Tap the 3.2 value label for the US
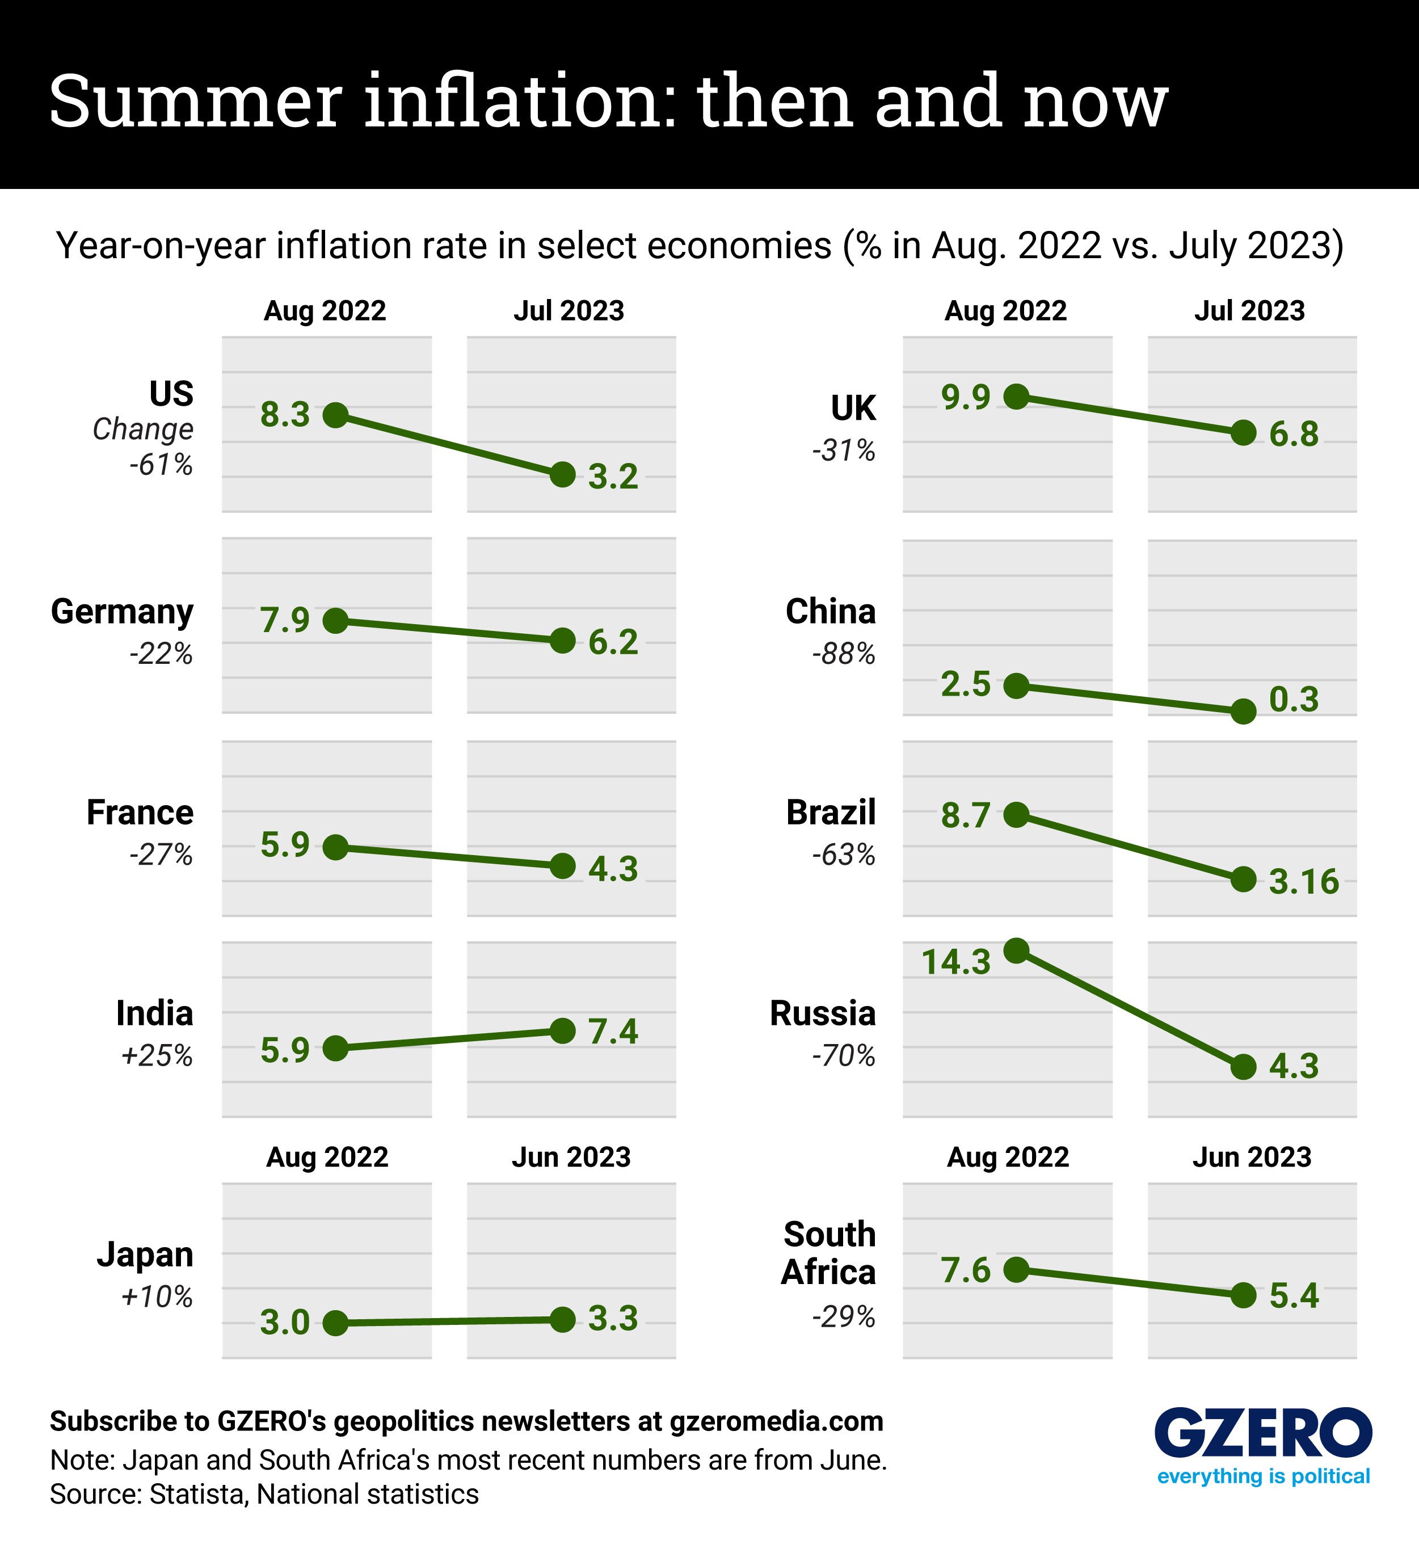point(613,477)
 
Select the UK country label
point(853,409)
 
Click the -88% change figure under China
point(844,654)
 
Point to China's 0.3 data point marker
point(1243,711)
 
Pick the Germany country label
point(122,612)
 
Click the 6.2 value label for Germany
point(613,642)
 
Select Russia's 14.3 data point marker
point(1017,950)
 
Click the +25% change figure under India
point(157,1055)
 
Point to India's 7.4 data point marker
point(563,1031)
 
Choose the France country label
point(140,813)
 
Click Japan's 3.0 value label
point(284,1323)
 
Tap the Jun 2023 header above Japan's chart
point(571,1157)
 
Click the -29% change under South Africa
point(844,1318)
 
